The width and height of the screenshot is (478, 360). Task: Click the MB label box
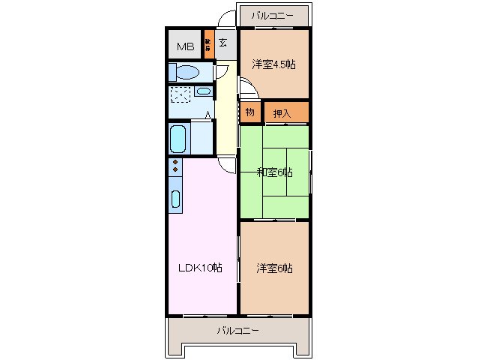(184, 46)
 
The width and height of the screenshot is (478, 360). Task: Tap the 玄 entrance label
(223, 42)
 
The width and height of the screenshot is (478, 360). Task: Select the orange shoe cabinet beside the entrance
(208, 44)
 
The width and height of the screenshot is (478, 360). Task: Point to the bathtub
(179, 138)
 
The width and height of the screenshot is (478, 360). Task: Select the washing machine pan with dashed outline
(181, 95)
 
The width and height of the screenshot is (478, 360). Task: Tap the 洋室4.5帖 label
(273, 64)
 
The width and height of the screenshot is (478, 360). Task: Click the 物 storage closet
(249, 112)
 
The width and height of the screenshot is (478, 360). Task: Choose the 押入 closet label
(282, 113)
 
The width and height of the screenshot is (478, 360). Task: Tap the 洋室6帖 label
(273, 268)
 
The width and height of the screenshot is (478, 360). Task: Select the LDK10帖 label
(199, 268)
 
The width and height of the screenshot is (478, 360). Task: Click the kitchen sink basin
(175, 199)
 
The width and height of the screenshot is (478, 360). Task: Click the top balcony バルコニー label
(273, 15)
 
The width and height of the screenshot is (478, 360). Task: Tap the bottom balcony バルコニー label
(238, 330)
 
